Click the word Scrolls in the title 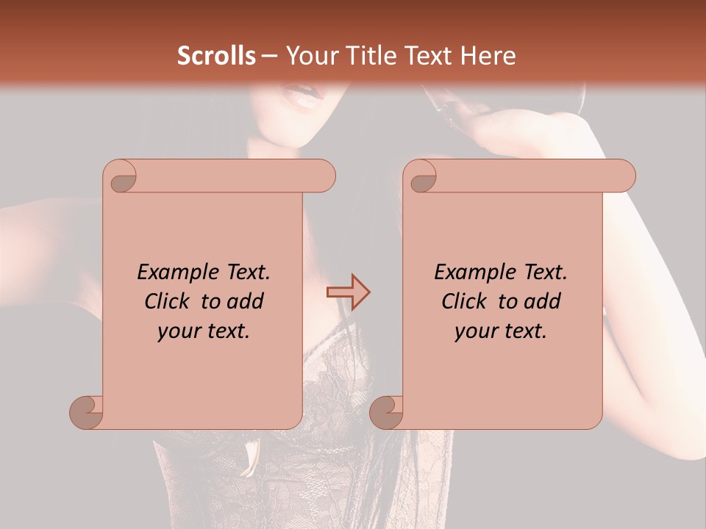(216, 56)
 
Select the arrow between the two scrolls (348, 292)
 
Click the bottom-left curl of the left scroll (87, 411)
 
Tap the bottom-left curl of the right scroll (387, 411)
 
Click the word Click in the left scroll (169, 301)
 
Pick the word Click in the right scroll (466, 301)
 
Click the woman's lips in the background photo (304, 96)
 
